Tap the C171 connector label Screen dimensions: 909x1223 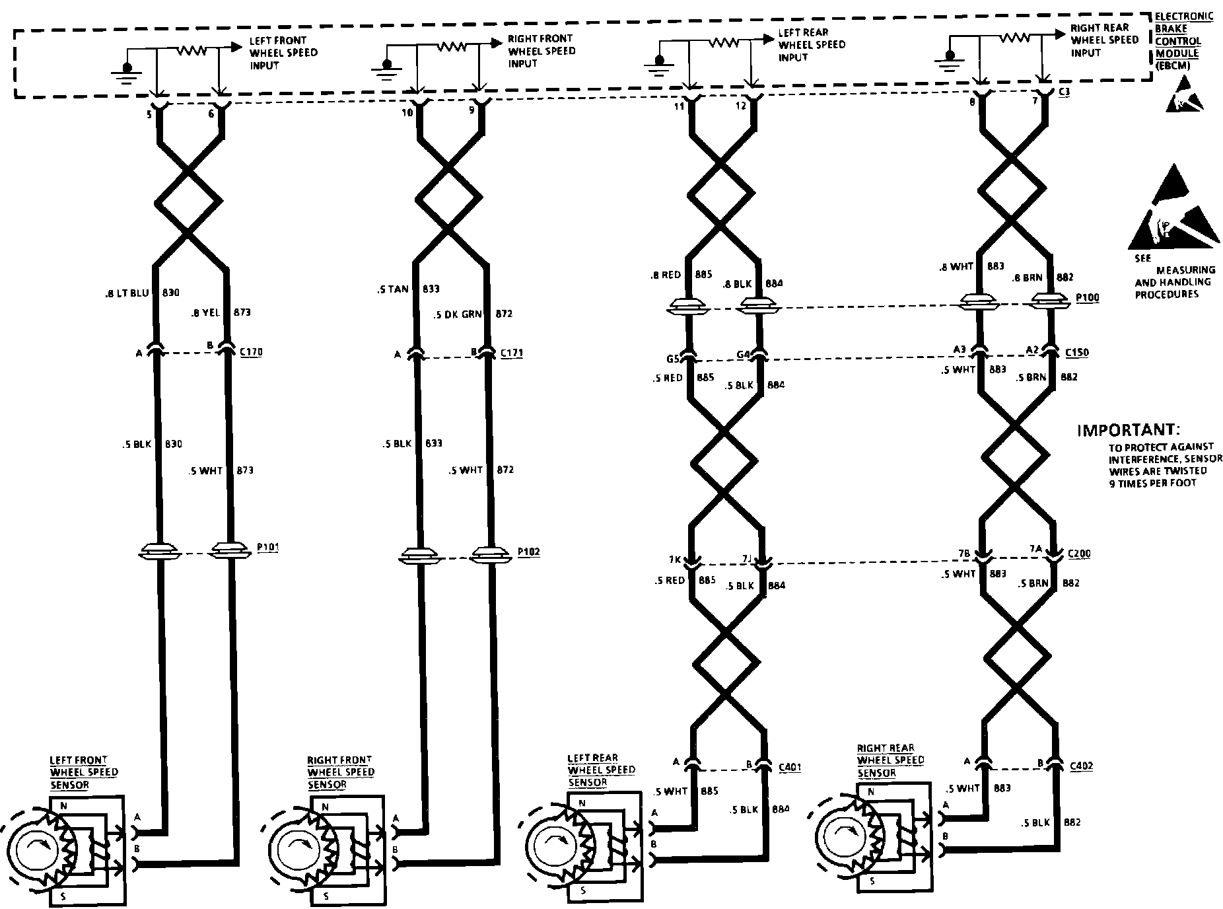pyautogui.click(x=511, y=353)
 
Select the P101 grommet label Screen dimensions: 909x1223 pyautogui.click(x=267, y=548)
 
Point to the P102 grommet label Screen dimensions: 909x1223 pyautogui.click(x=528, y=552)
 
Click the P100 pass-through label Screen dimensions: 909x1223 pyautogui.click(x=1087, y=298)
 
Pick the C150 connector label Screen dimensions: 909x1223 pyautogui.click(x=1077, y=353)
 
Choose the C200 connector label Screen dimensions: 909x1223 pyautogui.click(x=1078, y=554)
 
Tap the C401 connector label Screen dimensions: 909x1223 pyautogui.click(x=790, y=767)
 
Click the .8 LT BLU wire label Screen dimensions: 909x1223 pyautogui.click(x=127, y=293)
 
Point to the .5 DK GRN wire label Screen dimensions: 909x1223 pyautogui.click(x=458, y=314)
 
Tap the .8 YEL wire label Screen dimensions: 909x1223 pyautogui.click(x=205, y=312)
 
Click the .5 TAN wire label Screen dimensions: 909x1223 pyautogui.click(x=395, y=289)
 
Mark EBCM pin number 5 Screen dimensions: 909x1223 pyautogui.click(x=149, y=114)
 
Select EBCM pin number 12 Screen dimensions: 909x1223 pyautogui.click(x=742, y=106)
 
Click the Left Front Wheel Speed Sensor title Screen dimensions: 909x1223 pyautogui.click(x=84, y=772)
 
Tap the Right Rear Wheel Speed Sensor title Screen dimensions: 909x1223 pyautogui.click(x=890, y=760)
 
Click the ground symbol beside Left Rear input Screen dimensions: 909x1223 pyautogui.click(x=657, y=62)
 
